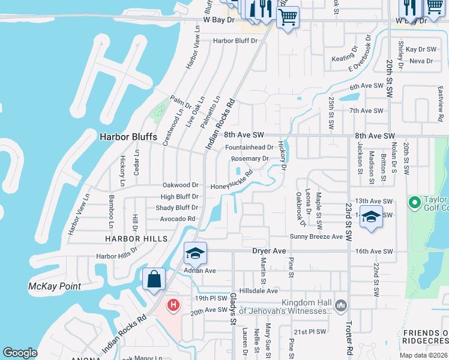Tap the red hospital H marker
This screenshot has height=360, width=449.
click(173, 305)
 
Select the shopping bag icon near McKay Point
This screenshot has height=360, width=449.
click(154, 279)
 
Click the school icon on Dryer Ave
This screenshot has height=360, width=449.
click(195, 254)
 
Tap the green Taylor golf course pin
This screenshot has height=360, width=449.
click(414, 202)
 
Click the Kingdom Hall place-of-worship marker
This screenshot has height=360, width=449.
click(341, 305)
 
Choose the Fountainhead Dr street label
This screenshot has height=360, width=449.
click(249, 147)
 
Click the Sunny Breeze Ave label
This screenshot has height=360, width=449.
click(316, 237)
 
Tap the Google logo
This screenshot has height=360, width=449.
click(20, 353)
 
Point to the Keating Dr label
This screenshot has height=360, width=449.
click(344, 59)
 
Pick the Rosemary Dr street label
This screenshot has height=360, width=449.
click(250, 159)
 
